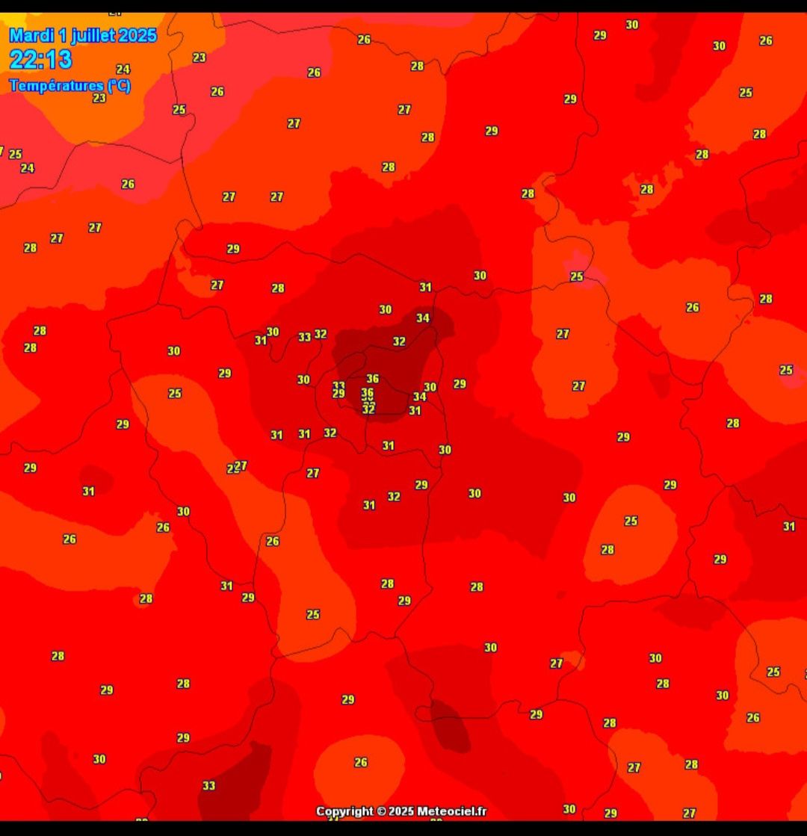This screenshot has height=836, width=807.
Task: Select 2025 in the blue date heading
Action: coord(137,35)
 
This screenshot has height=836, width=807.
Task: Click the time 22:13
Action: coord(40,60)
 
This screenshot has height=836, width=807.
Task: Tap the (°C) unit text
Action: coord(119,85)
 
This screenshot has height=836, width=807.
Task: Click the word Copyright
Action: coord(344,811)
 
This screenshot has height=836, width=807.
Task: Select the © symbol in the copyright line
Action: coord(381,811)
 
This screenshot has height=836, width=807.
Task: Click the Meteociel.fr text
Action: coord(452,811)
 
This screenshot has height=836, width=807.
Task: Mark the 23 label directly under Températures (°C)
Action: coord(99,98)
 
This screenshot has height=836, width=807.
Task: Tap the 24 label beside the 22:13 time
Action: coord(123,69)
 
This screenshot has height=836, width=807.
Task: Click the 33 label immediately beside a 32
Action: coord(305,337)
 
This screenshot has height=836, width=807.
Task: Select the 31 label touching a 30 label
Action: coord(261,340)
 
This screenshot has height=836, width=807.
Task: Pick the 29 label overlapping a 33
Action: coord(338,394)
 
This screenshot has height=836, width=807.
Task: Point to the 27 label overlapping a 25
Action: coord(241,465)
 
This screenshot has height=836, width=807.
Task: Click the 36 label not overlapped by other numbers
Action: coord(372,379)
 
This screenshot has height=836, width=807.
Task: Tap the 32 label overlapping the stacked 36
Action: coord(368,409)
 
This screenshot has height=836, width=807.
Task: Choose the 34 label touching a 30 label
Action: coord(419,397)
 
